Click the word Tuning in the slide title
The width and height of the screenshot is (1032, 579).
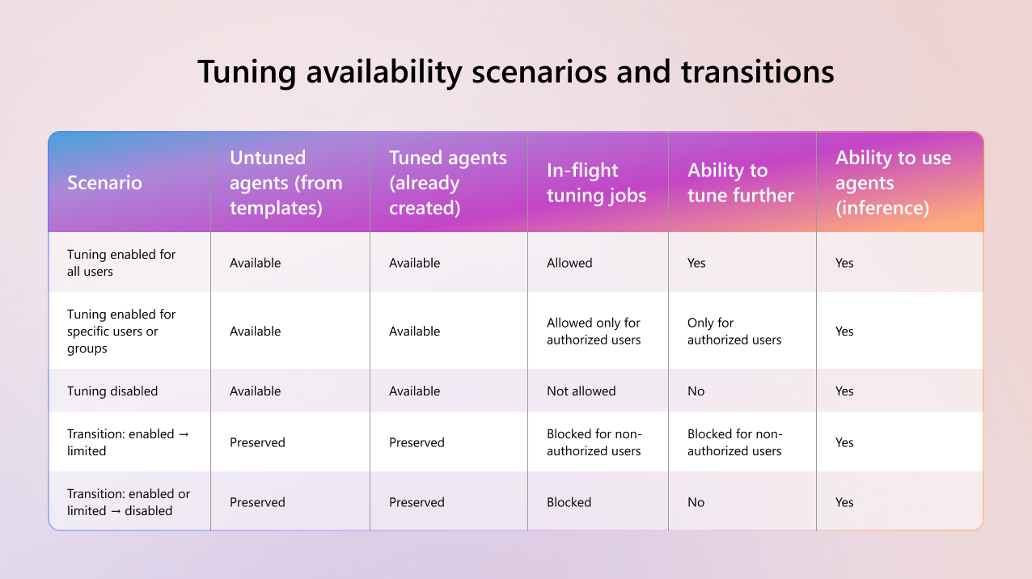pos(247,73)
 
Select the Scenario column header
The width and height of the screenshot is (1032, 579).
pos(104,183)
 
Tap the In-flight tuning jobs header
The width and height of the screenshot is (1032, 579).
pos(597,183)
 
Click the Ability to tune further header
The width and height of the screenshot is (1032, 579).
pos(741,183)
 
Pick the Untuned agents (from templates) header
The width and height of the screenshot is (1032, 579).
pos(286,183)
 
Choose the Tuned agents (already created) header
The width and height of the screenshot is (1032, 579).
pos(448,183)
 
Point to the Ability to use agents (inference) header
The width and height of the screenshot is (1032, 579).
pos(894,183)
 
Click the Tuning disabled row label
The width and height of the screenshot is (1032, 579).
pos(112,391)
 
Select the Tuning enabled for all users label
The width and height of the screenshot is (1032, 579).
pos(121,263)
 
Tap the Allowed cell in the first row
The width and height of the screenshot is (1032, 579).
pos(569,263)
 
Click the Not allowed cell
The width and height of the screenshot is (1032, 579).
pos(581,391)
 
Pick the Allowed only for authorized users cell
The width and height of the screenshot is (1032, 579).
pos(594,332)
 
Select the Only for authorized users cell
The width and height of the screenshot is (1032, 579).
pos(734,332)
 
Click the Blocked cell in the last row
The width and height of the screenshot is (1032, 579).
pos(569,502)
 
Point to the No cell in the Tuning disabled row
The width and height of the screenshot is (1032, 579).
pos(696,391)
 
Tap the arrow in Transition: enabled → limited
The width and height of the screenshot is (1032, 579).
pos(184,434)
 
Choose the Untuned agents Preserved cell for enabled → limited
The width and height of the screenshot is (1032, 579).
pos(257,442)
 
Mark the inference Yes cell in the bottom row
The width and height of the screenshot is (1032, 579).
pos(844,502)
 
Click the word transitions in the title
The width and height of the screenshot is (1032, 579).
pos(757,73)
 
